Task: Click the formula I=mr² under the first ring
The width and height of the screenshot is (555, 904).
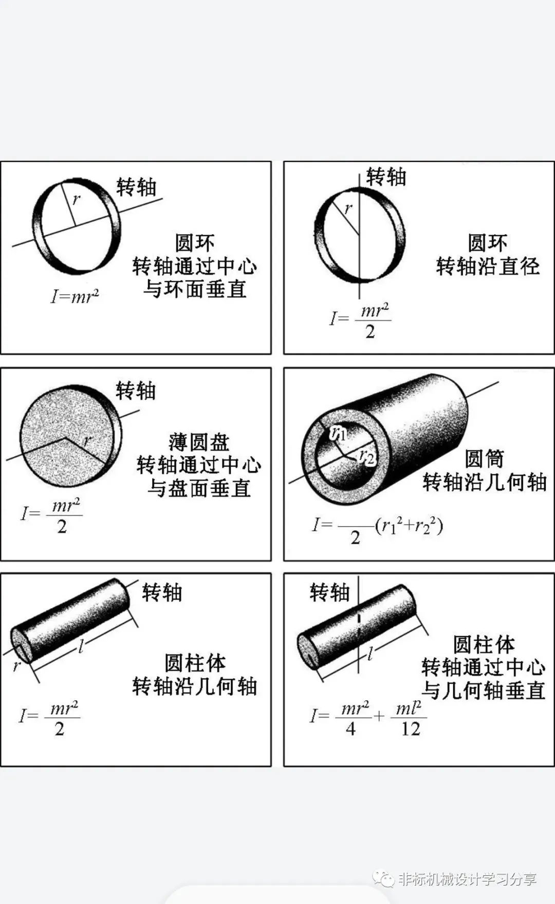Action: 75,296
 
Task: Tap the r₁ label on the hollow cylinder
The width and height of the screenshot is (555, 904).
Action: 339,433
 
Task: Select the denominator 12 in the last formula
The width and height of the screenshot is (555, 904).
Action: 411,728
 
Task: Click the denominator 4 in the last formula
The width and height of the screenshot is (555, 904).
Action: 350,728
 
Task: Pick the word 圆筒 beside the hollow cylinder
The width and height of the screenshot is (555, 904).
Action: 484,458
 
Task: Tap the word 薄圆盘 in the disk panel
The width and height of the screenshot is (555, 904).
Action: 198,442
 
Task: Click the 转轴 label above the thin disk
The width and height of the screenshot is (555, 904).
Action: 136,391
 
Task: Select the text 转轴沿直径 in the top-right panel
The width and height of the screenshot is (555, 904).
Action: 488,266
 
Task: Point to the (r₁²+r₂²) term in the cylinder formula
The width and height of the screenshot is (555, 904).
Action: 409,526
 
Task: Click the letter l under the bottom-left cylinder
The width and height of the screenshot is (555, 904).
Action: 81,646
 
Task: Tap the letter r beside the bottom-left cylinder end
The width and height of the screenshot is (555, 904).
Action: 16,666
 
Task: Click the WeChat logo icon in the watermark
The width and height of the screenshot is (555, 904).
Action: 384,878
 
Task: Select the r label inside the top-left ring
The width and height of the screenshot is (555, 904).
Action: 76,199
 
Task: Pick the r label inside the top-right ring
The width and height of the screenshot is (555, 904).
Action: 348,208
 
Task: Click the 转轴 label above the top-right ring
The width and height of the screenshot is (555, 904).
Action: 386,177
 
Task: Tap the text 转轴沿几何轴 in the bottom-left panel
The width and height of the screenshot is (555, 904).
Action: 194,686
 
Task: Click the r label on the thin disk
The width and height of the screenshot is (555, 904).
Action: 87,440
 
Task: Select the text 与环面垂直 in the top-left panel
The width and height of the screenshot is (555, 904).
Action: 195,289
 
